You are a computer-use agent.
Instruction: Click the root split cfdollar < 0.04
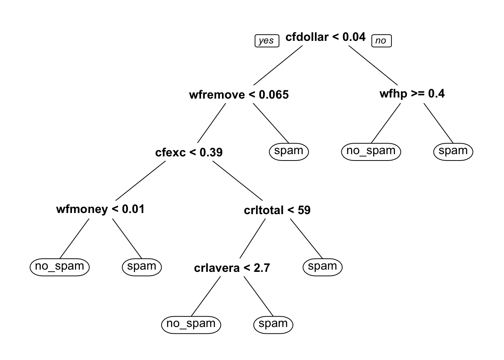(325, 37)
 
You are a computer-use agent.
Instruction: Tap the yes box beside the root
(267, 41)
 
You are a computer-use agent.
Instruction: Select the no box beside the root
(381, 41)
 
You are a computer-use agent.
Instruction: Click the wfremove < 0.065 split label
(239, 95)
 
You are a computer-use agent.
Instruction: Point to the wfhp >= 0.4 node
(412, 94)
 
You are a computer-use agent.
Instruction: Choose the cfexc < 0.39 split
(189, 152)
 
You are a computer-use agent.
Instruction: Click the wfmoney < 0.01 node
(100, 209)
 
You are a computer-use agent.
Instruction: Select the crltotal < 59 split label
(277, 210)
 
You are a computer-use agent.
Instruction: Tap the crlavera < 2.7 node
(232, 268)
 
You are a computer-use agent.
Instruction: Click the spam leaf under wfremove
(289, 152)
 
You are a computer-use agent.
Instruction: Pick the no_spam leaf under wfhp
(371, 152)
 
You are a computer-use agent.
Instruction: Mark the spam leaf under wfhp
(453, 152)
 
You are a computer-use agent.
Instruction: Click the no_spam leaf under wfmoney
(60, 267)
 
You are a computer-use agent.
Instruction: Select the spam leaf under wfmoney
(142, 267)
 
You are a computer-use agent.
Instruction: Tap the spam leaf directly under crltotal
(322, 267)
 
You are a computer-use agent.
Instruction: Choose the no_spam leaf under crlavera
(191, 325)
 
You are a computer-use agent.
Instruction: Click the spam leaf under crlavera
(273, 325)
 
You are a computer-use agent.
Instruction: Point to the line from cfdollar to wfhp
(373, 66)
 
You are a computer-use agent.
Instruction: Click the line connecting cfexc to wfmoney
(141, 181)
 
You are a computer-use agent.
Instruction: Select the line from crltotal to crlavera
(252, 238)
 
